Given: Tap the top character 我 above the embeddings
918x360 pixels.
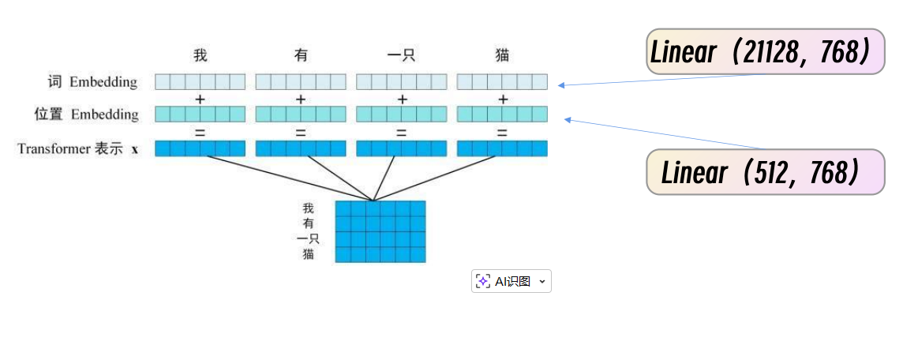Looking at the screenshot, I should click(200, 55).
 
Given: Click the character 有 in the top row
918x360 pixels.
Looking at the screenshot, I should click(301, 55).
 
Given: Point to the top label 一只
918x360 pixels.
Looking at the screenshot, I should click(401, 55).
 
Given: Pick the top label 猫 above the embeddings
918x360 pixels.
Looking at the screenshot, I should click(502, 55).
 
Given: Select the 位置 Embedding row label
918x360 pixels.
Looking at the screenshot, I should click(86, 114).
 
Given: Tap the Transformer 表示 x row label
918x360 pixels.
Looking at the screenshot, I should click(77, 148).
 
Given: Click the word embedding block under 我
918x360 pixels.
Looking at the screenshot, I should click(200, 81).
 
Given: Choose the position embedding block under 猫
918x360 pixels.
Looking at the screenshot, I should click(502, 114).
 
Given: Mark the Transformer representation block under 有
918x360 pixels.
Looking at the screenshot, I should click(301, 148).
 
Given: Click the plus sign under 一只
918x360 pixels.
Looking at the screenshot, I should click(402, 99).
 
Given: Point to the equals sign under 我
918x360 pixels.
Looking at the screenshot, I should click(200, 132).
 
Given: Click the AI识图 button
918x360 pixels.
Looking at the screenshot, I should click(505, 281).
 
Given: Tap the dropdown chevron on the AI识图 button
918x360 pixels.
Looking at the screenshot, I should click(541, 281).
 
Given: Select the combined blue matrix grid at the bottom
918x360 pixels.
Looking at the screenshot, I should click(380, 231).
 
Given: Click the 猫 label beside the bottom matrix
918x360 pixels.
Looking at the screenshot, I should click(308, 254).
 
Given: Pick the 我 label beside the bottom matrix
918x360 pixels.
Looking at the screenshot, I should click(308, 208).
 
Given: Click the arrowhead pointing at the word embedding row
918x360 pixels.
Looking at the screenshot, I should click(560, 84).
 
